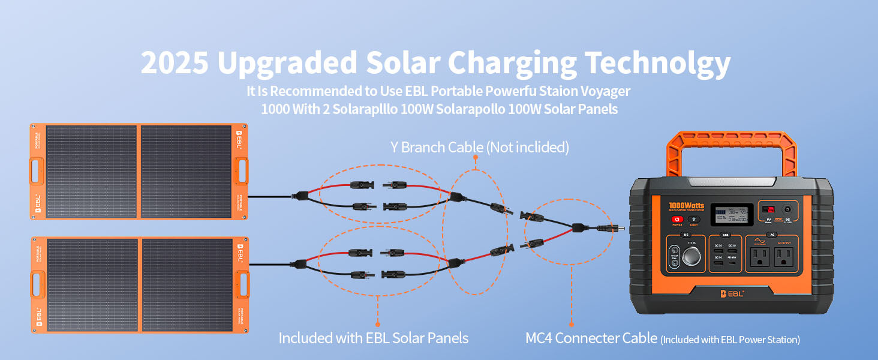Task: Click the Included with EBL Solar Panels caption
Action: [373, 338]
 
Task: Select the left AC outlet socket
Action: [759, 258]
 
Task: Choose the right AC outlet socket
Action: [784, 258]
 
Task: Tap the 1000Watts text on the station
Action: [687, 206]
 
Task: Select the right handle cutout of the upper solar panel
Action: [243, 171]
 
